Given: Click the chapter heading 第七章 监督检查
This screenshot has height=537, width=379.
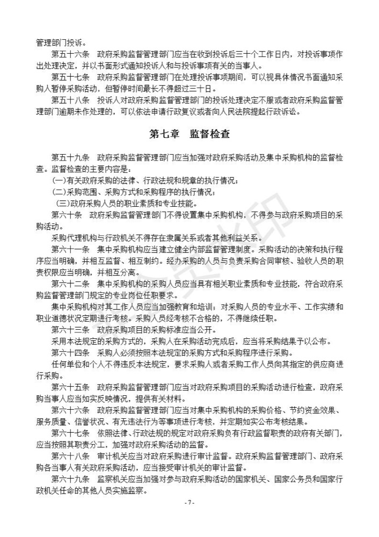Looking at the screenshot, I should tap(189, 134).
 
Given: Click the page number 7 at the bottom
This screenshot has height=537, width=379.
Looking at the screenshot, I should tap(189, 503).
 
